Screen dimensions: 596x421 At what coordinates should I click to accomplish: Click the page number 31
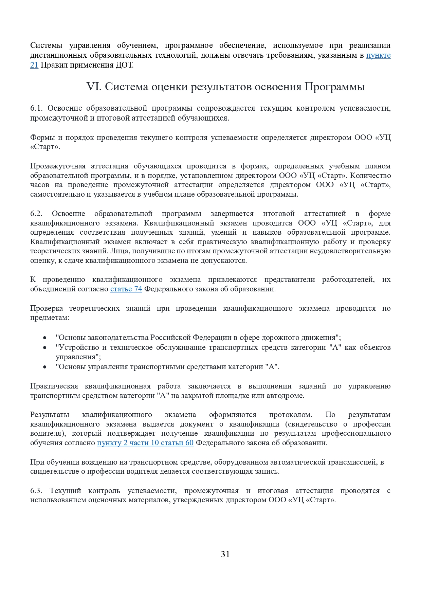coord(225,554)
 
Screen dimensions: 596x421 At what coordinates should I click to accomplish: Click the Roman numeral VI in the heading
coord(94,87)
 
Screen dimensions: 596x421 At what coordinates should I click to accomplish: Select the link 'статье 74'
coord(126,289)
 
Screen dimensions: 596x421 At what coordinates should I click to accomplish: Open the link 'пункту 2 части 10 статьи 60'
coord(145,443)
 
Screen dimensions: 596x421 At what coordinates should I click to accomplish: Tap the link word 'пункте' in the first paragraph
coord(378,55)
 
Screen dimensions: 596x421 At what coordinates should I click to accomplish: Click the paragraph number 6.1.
coord(36,108)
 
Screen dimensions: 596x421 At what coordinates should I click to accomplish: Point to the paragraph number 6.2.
coord(36,214)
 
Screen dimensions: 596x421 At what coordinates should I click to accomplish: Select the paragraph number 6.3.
coord(36,491)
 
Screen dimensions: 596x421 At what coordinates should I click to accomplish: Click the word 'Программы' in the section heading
coord(334,87)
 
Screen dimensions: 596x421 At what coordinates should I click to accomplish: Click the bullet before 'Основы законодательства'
coord(45,338)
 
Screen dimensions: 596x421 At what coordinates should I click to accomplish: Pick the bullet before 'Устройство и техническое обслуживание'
coord(45,348)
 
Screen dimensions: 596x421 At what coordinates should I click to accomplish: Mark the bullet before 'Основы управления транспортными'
coord(45,367)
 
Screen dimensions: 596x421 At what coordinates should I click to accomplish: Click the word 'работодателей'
coord(348,279)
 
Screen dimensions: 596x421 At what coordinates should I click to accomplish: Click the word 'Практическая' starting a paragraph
coord(54,386)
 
